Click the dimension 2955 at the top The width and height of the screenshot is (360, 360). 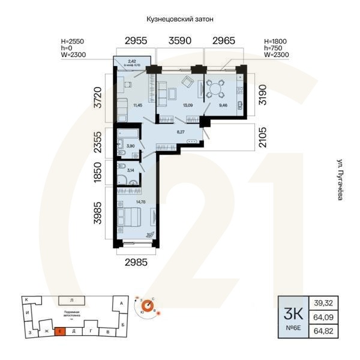pos(136,41)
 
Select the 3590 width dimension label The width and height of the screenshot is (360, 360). pos(180,41)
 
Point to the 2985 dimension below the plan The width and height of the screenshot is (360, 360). pos(136,262)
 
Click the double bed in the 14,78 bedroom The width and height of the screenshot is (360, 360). pos(131,216)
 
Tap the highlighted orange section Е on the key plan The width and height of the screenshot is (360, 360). pos(60,331)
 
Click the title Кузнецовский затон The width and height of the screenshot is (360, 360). pos(180,20)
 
